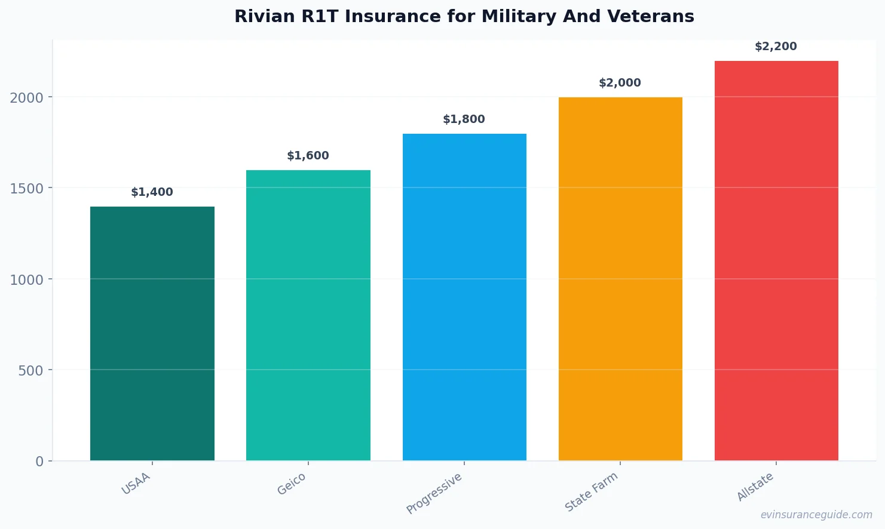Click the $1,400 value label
tap(152, 192)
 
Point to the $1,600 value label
tap(308, 156)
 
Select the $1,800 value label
tap(464, 119)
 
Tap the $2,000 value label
tap(620, 83)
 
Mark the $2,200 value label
tap(776, 47)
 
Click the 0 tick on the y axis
tap(39, 462)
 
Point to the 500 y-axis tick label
tap(30, 371)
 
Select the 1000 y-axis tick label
tap(27, 280)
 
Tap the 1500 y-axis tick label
tap(27, 189)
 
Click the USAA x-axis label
tap(136, 484)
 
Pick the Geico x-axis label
tap(292, 484)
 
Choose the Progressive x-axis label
tap(434, 493)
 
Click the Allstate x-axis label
tap(755, 487)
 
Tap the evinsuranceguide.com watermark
tap(816, 515)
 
